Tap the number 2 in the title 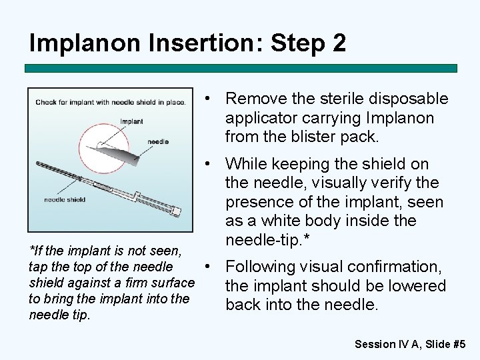coord(338,43)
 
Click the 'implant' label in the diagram coord(132,121)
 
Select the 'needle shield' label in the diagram coord(65,199)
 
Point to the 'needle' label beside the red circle coord(158,141)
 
